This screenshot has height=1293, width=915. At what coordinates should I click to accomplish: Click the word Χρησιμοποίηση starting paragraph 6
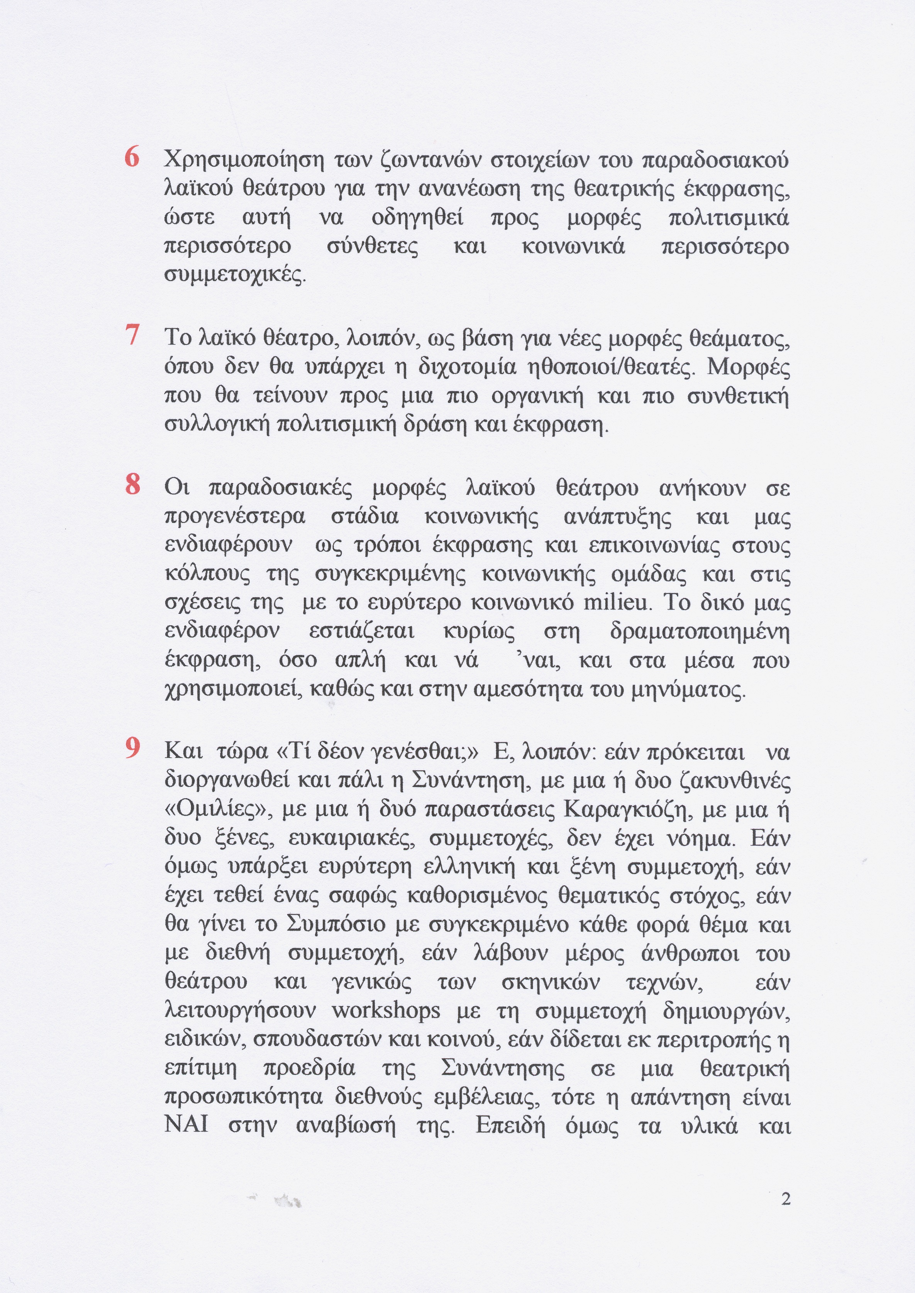pos(243,161)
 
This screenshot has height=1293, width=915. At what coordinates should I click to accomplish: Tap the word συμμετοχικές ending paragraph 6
pos(236,276)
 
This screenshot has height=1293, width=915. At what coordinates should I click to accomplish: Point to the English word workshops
pos(386,1011)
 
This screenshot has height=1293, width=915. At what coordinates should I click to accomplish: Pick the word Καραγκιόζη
pos(622,810)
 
